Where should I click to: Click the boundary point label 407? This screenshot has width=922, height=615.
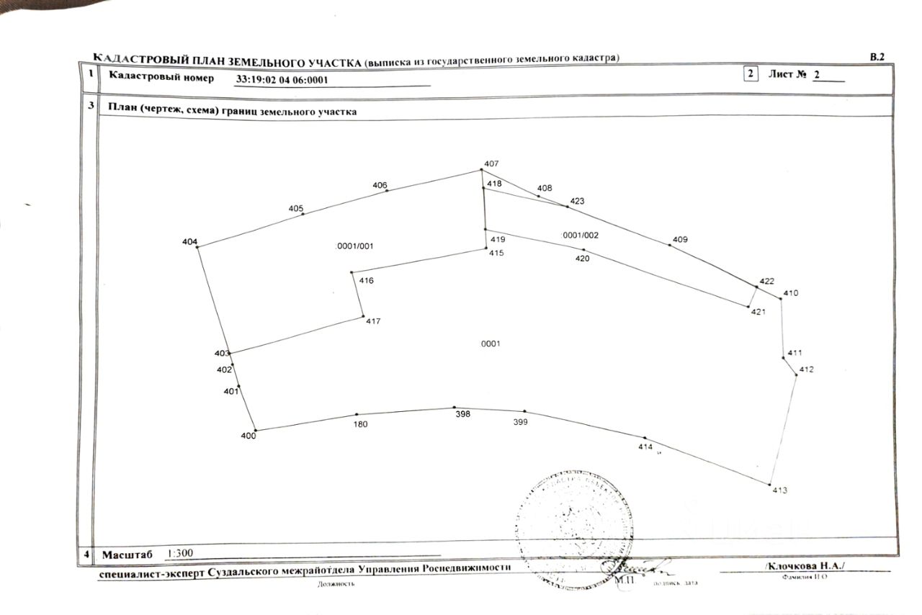pos(491,164)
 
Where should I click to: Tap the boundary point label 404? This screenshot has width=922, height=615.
pos(189,242)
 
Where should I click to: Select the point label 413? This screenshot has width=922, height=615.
pos(779,490)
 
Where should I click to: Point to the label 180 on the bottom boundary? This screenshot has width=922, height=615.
pos(361,424)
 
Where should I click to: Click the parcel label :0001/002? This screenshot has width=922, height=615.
pos(580,235)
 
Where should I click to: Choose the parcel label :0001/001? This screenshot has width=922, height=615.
pos(355,246)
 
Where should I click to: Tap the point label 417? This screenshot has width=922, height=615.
pos(372,321)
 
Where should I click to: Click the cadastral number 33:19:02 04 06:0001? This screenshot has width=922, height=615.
pos(282,80)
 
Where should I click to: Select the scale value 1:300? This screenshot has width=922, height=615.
pos(180,554)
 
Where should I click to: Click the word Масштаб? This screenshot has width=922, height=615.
pos(127,555)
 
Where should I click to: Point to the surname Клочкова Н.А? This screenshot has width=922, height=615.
pos(805,566)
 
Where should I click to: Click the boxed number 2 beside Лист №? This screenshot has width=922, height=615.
pos(751,74)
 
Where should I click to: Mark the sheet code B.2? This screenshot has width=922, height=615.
pos(877,56)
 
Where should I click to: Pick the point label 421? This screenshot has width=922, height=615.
pos(758,312)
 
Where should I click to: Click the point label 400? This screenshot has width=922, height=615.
pos(248,436)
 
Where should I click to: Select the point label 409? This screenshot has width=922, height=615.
pos(680,240)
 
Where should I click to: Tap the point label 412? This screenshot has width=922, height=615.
pos(806,370)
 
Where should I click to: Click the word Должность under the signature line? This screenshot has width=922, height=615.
pos(336,584)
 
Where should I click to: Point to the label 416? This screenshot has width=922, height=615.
pos(366,280)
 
